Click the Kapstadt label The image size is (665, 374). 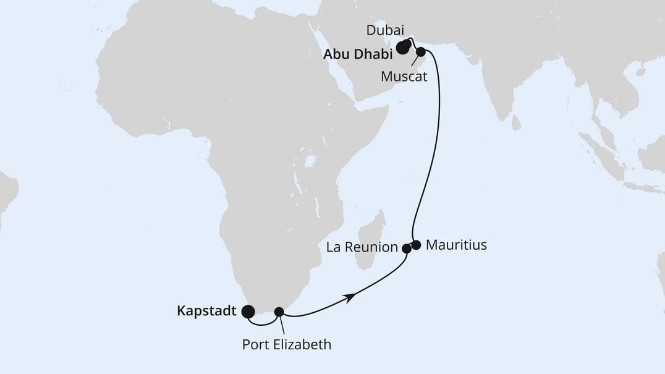[206, 312]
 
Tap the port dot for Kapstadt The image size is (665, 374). [248, 312]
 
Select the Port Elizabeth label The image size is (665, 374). [287, 344]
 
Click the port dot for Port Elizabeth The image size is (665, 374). [279, 312]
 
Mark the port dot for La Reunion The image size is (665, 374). [406, 249]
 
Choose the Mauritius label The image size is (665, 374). [456, 245]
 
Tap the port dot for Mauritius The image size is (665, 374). [416, 245]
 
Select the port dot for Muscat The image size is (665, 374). [421, 52]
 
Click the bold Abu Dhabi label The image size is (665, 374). [358, 54]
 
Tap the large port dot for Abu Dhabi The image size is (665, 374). [402, 48]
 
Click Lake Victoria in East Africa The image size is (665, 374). [310, 162]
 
